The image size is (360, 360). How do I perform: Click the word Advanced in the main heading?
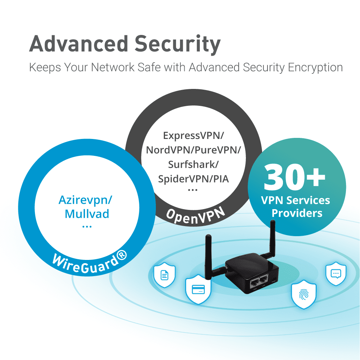(78, 44)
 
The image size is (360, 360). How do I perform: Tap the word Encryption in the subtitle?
(315, 68)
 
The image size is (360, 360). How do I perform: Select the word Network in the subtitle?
(113, 67)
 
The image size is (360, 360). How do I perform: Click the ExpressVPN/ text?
(193, 135)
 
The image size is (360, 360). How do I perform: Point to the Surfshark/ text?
(193, 165)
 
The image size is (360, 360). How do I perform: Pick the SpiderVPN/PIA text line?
(193, 179)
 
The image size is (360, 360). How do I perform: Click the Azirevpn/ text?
(85, 200)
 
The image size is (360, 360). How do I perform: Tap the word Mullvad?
(87, 214)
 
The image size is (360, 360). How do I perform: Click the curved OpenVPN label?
(195, 215)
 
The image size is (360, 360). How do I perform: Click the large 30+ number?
(294, 177)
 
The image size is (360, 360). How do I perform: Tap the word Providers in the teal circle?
(297, 213)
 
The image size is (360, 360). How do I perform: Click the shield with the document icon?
(165, 275)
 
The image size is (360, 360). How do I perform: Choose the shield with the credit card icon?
(198, 289)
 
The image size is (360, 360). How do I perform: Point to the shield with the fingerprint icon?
(304, 294)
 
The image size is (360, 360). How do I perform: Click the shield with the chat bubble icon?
(336, 274)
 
